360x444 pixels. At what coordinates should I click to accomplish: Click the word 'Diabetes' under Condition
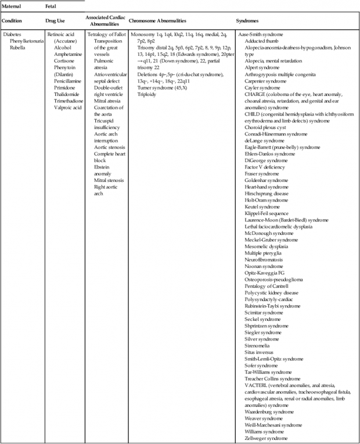pyautogui.click(x=13, y=35)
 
